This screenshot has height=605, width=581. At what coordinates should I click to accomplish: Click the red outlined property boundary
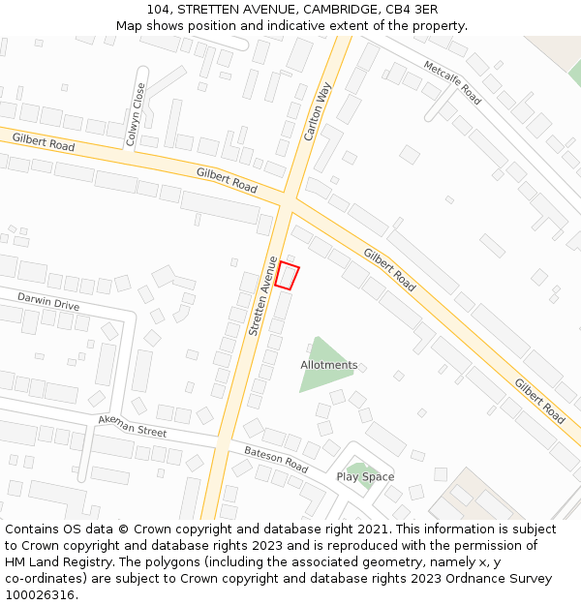(287, 276)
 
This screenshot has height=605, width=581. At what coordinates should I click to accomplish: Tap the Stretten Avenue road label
(262, 296)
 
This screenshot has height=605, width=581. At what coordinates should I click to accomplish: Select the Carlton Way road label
(318, 111)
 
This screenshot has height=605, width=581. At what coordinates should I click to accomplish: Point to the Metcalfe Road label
(451, 81)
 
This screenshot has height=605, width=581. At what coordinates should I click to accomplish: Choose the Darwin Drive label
(48, 302)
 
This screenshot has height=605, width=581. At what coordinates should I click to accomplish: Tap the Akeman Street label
(133, 425)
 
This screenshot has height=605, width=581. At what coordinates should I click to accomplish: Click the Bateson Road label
(276, 460)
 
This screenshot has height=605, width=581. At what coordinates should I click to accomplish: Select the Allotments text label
(328, 365)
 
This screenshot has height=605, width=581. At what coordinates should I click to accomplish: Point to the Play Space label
(365, 476)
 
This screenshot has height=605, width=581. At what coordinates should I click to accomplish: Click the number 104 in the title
(160, 10)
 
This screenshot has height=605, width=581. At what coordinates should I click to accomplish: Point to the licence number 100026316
(40, 594)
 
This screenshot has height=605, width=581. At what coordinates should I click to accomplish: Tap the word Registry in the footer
(128, 562)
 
